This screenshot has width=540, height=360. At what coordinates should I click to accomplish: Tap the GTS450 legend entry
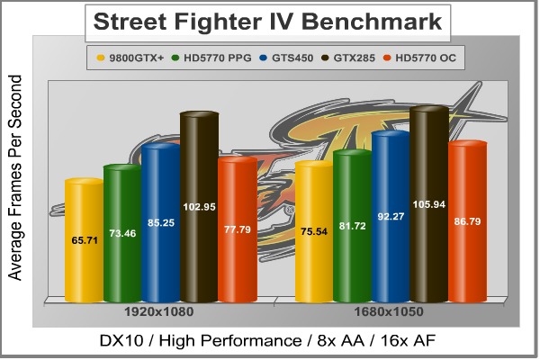[289, 60]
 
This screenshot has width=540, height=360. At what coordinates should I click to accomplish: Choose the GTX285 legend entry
[355, 60]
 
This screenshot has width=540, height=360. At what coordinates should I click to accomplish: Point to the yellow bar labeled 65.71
[83, 241]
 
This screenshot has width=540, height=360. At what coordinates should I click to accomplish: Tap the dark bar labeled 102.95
[199, 207]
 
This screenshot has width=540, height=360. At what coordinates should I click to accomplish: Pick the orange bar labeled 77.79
[238, 229]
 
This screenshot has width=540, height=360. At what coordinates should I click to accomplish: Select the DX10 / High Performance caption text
[269, 341]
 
